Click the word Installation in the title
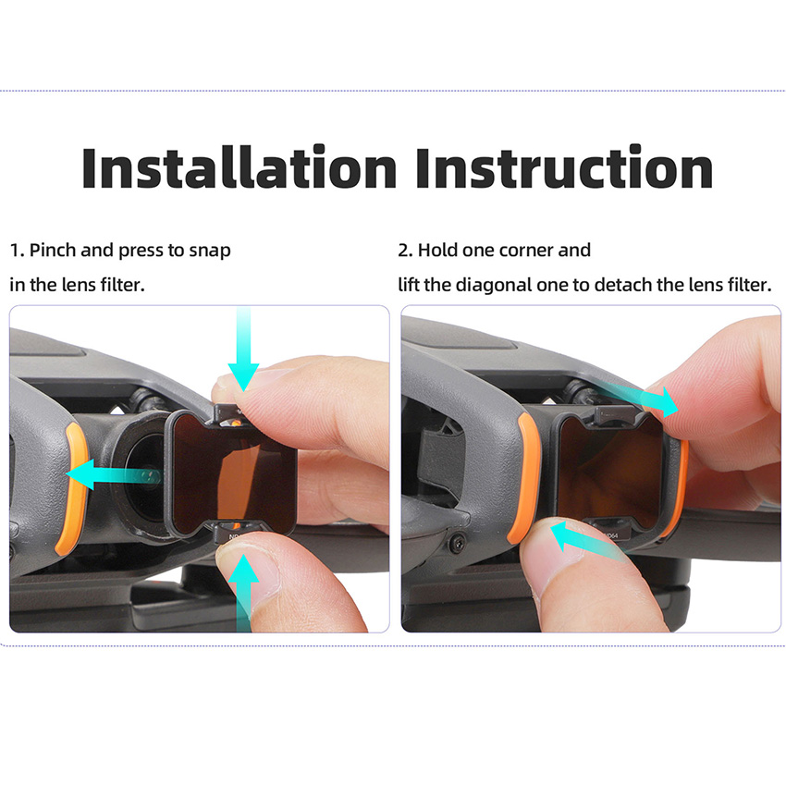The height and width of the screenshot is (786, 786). (239, 167)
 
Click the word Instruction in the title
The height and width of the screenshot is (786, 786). (564, 167)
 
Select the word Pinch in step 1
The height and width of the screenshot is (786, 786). (53, 250)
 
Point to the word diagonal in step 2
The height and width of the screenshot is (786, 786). (494, 285)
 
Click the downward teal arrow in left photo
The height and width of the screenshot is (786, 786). (243, 350)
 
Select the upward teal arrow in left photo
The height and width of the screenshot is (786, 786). (243, 592)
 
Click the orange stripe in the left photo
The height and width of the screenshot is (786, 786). (74, 489)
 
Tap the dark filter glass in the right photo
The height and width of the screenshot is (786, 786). (610, 473)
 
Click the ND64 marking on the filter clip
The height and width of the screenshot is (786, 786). (609, 535)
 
